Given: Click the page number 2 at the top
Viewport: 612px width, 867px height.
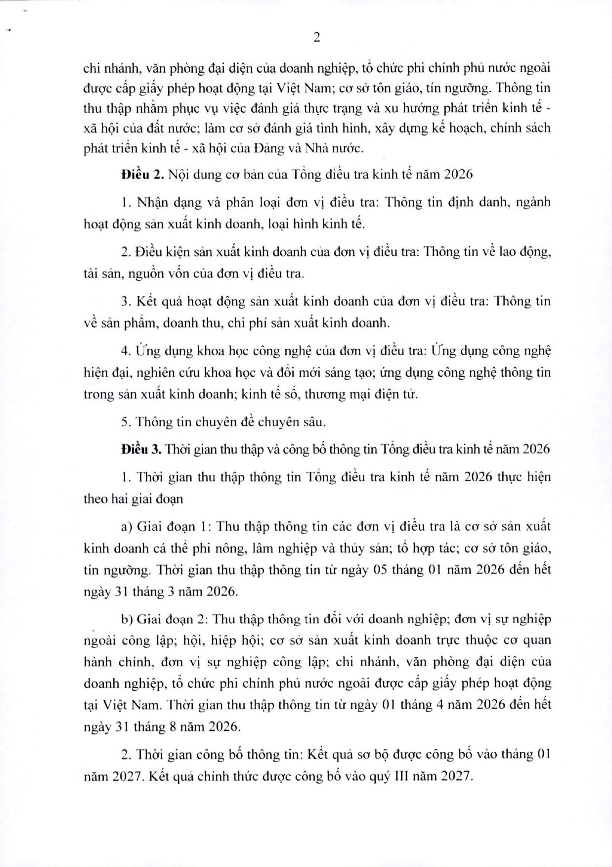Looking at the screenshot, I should coord(317,38).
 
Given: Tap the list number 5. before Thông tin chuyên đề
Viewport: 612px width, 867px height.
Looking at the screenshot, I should coord(125,422).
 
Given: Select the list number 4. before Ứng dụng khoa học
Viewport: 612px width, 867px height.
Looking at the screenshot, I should coord(125,351).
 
